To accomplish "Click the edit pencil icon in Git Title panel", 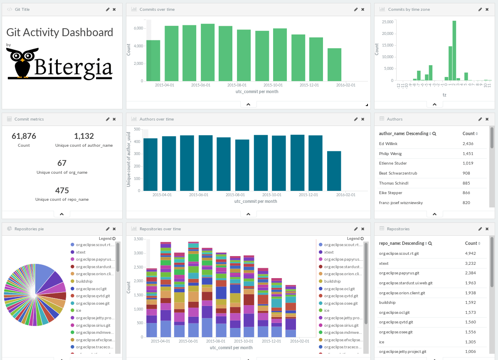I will point(108,9).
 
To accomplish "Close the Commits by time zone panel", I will point(486,9).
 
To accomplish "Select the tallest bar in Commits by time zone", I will point(454,50).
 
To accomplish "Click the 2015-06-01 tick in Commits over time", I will point(200,85).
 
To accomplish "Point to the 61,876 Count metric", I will point(24,136).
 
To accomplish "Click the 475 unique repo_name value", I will point(62,190).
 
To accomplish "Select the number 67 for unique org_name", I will point(62,163).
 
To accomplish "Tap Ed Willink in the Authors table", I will point(388,144).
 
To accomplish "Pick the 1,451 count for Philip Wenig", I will point(468,154).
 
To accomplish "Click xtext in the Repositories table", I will point(384,264).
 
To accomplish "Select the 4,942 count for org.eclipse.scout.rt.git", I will point(471,254).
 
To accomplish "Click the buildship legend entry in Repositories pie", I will point(84,281).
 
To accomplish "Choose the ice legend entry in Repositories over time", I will point(326,311).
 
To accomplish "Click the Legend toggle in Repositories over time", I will point(355,239).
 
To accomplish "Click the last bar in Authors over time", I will point(334,171).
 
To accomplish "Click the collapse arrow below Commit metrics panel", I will point(62,214).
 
